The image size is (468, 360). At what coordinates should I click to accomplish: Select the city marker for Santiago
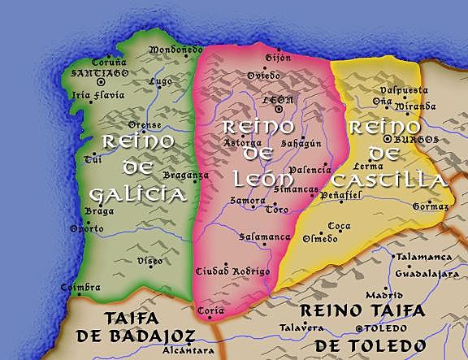101,82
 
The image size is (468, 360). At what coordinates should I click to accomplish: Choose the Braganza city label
186,175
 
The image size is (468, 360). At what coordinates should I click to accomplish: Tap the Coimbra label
80,288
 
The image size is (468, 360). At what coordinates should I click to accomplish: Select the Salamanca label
265,237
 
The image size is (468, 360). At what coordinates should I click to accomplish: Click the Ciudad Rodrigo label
232,271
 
